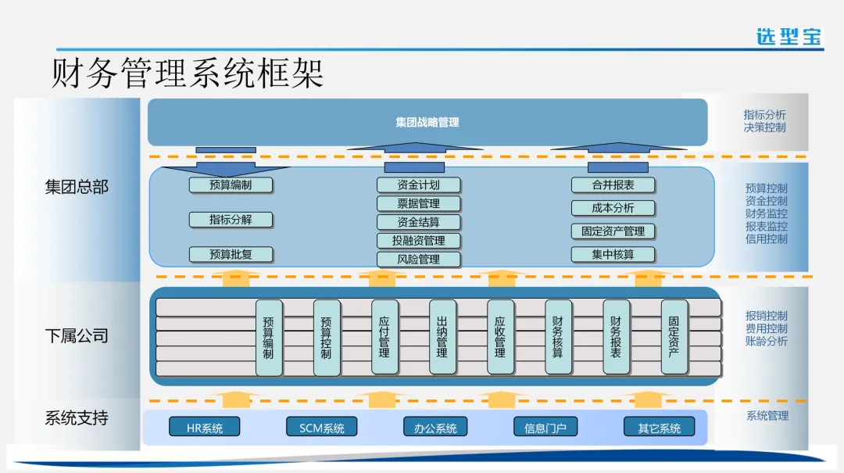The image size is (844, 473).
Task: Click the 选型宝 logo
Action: tap(789, 36)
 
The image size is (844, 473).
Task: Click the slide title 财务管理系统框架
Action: tap(188, 74)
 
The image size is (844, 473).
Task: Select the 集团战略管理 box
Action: tap(427, 122)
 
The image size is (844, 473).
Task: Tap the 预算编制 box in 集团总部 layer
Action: tap(231, 185)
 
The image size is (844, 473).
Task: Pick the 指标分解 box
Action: tap(231, 220)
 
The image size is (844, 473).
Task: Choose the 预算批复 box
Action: tap(231, 254)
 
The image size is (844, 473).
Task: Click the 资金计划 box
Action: tap(418, 185)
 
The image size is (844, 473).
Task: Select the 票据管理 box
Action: tap(418, 204)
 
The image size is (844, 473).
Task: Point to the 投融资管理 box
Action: tap(418, 241)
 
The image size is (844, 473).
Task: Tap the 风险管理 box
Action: tap(418, 259)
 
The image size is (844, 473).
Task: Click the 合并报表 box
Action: tap(613, 185)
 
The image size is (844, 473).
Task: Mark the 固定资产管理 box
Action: tap(613, 231)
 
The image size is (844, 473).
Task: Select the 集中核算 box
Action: tap(613, 254)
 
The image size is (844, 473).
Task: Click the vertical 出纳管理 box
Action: tap(442, 337)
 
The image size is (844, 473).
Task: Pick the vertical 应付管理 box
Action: tap(384, 337)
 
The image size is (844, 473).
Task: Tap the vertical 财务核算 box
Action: tap(558, 337)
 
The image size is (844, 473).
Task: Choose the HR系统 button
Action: tap(204, 428)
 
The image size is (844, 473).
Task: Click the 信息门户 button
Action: tap(545, 428)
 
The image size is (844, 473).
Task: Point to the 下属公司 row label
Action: tap(76, 336)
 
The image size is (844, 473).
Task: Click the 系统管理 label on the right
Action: tap(767, 416)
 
